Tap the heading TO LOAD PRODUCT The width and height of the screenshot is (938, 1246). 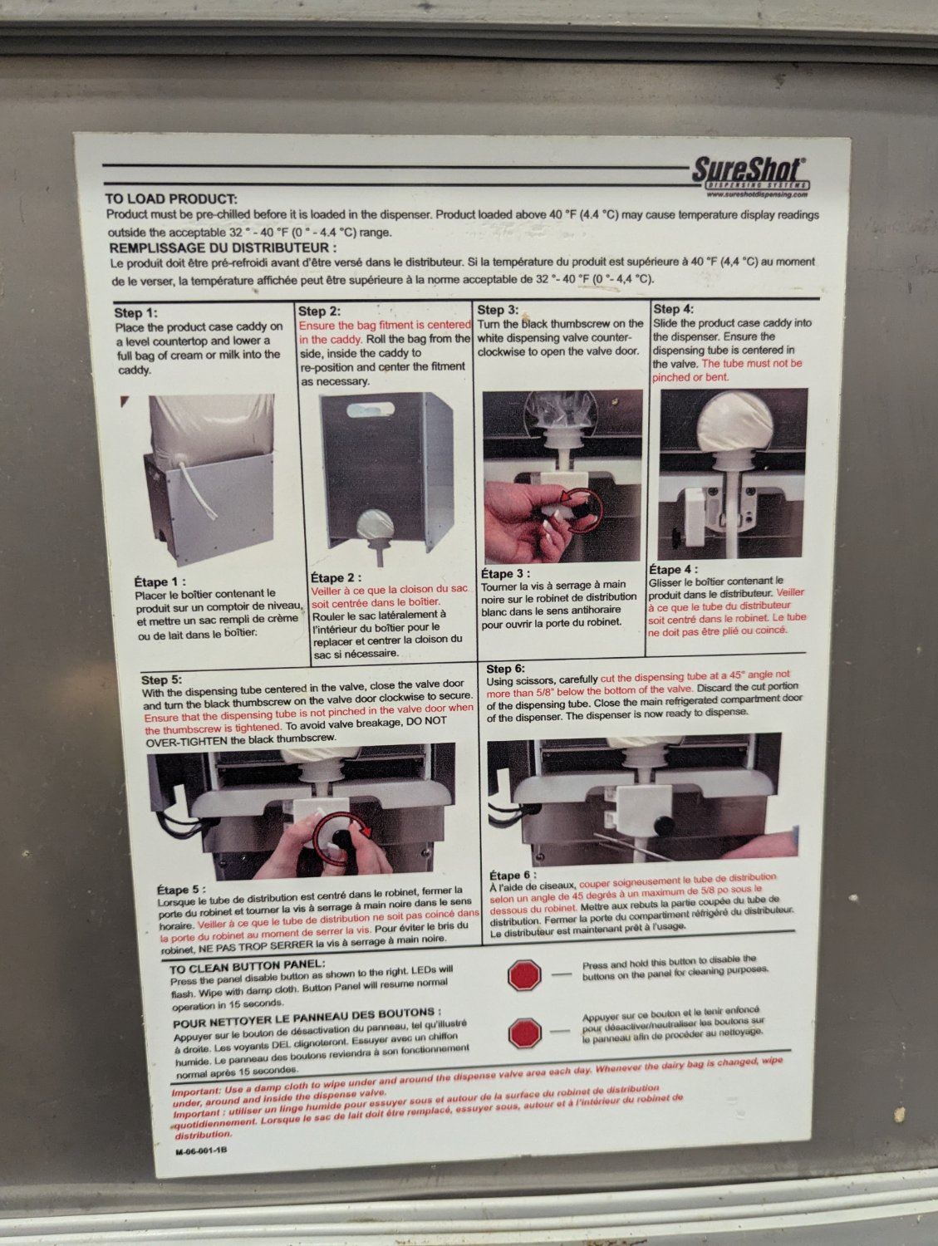click(x=171, y=199)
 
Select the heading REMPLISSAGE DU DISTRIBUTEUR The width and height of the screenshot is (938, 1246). click(x=223, y=248)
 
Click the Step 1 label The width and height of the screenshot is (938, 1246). click(x=135, y=313)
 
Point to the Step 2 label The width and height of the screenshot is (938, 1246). click(x=320, y=311)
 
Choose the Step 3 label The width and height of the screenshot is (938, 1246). click(x=498, y=310)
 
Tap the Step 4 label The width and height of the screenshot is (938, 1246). click(x=674, y=309)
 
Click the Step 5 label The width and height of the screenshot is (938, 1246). click(x=162, y=679)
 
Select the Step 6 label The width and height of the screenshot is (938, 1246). click(x=506, y=669)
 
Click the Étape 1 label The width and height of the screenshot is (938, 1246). click(x=160, y=581)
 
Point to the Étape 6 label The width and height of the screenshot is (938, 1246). click(x=513, y=875)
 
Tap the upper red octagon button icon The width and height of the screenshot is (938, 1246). click(x=524, y=975)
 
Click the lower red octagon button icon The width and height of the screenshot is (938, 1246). click(x=525, y=1033)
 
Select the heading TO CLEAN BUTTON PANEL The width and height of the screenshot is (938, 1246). click(x=248, y=965)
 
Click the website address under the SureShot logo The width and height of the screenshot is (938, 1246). click(x=757, y=194)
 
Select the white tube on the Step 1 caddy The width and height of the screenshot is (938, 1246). click(x=199, y=492)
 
